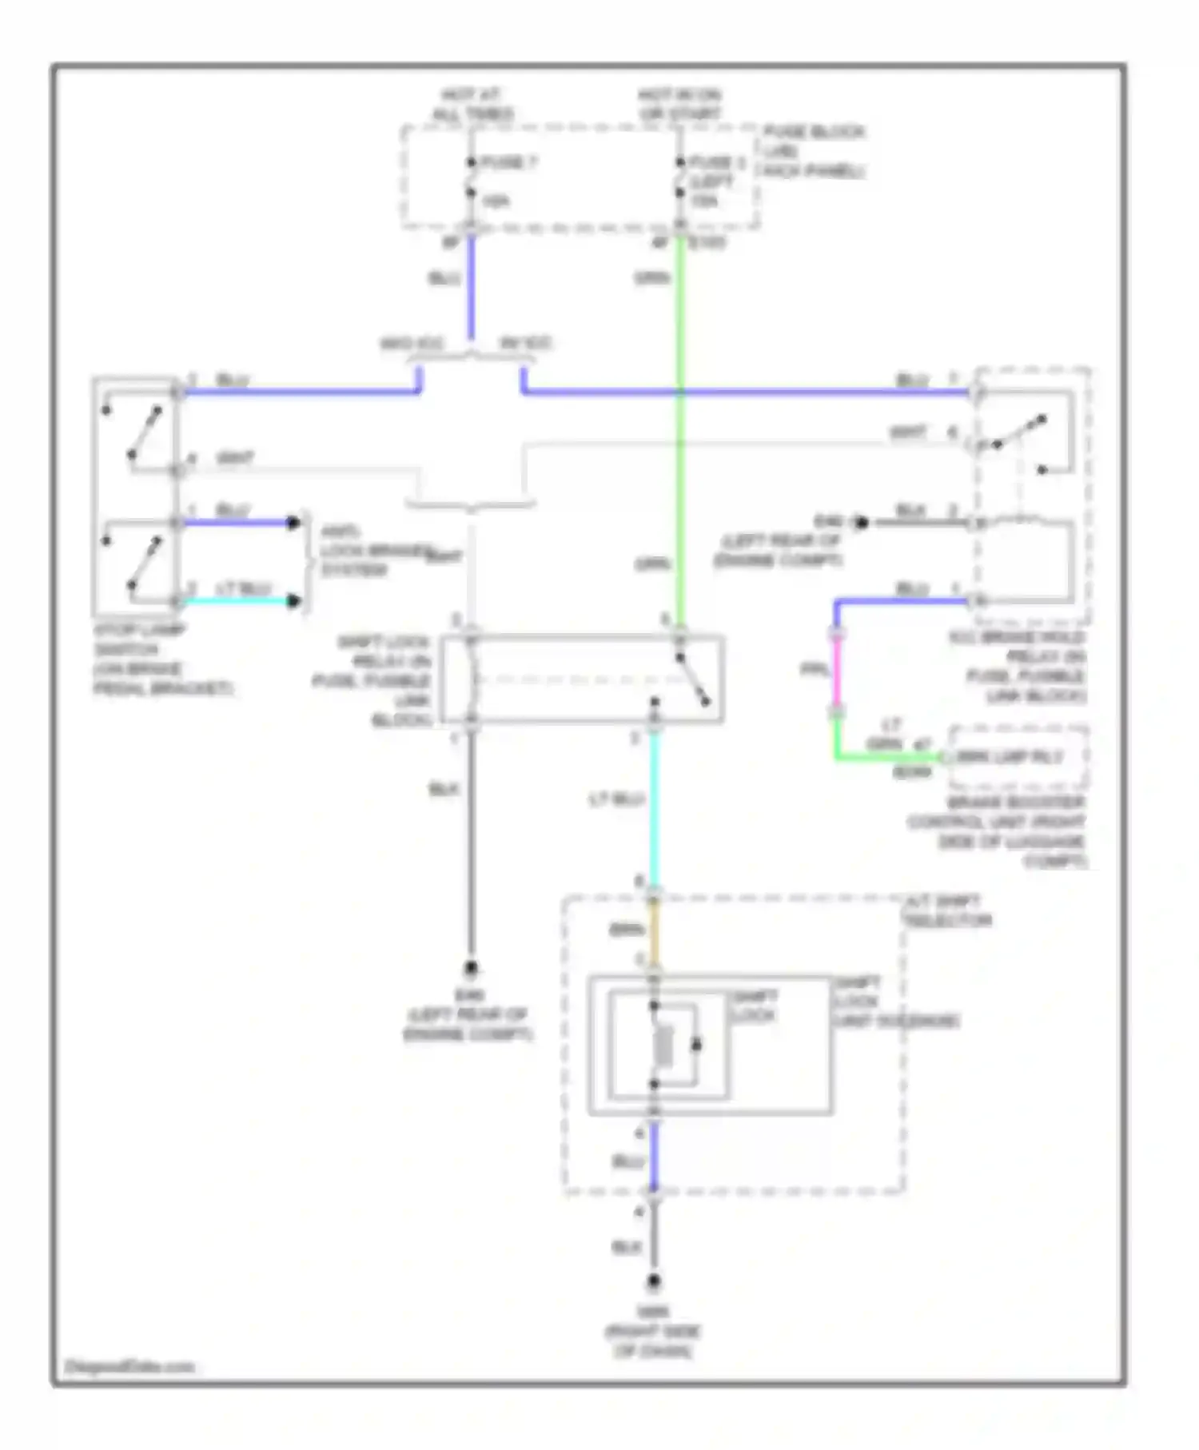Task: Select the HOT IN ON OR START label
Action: (x=679, y=105)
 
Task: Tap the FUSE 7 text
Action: (x=508, y=163)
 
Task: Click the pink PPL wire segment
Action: (x=837, y=671)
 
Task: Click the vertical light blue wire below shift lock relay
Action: (x=655, y=807)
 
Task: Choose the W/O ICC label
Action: (x=411, y=345)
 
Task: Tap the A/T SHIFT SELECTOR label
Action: (x=946, y=911)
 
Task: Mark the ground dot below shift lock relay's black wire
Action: (x=471, y=970)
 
